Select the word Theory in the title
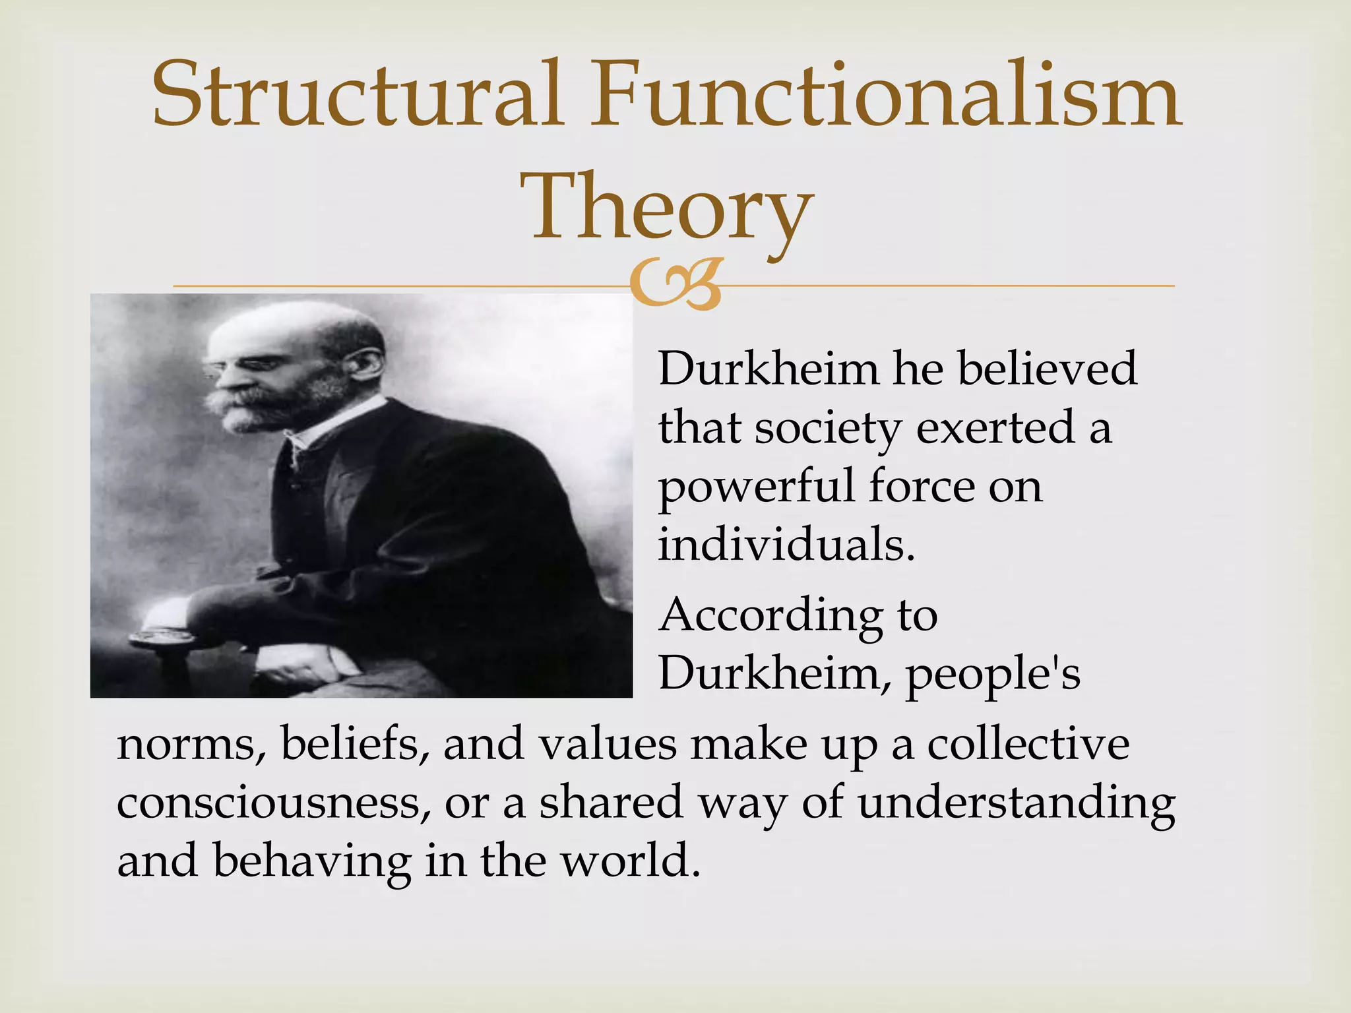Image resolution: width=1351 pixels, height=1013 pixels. coord(666,208)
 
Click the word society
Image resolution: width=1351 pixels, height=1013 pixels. coord(828,429)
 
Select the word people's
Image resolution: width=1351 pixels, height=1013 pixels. coord(993,675)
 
